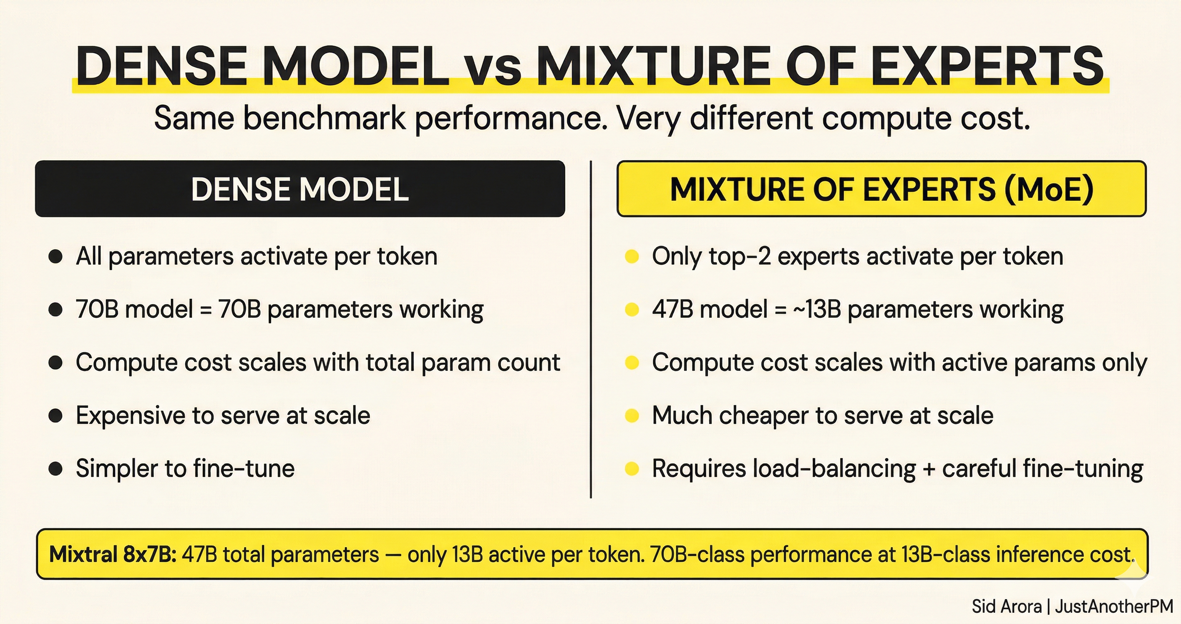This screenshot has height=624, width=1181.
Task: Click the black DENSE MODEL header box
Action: [x=300, y=189]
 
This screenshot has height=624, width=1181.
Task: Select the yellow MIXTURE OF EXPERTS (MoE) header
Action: [x=881, y=189]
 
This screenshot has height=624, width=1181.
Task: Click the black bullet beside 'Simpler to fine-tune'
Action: [x=56, y=469]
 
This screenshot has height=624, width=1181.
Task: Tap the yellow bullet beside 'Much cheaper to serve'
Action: [x=632, y=416]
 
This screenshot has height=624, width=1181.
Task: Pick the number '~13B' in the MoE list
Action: [x=816, y=309]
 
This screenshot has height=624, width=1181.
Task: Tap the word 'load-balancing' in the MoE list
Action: [x=834, y=469]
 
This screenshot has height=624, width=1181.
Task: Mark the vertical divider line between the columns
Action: [x=591, y=329]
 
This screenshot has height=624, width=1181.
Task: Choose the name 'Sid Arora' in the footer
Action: [x=1007, y=607]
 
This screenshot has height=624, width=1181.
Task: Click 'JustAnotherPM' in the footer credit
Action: [x=1114, y=607]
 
